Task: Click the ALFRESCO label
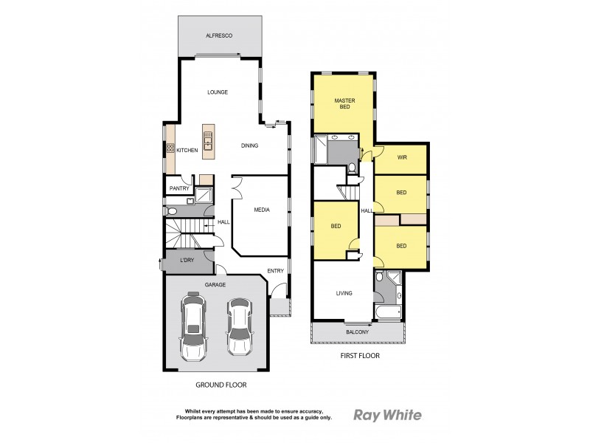pos(218,35)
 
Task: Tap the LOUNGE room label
pos(218,92)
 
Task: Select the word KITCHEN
pos(187,150)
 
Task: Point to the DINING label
pos(249,145)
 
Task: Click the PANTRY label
pos(179,188)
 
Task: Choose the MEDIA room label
pos(261,210)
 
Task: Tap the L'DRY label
pos(187,262)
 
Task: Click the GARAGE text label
pos(215,284)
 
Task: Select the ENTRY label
pos(275,271)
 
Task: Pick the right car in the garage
pos(238,326)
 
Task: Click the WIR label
pos(402,157)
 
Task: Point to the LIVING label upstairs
pos(344,293)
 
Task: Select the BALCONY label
pos(358,332)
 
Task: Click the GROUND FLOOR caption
pos(221,385)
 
